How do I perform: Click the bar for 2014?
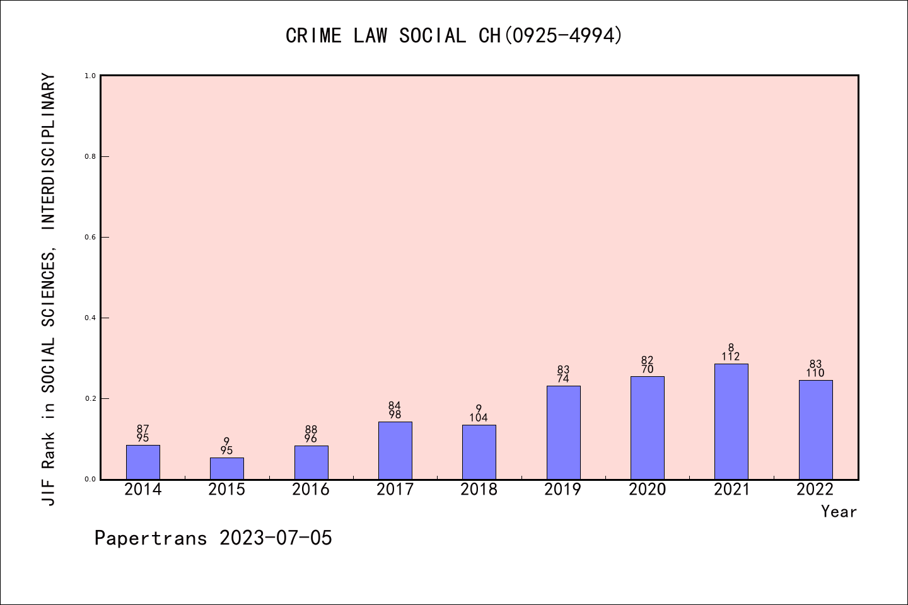click(143, 462)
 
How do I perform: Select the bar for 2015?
click(227, 468)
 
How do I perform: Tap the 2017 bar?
click(395, 450)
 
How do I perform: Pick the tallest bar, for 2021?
click(731, 421)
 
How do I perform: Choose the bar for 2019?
click(563, 432)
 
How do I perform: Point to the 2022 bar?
click(815, 429)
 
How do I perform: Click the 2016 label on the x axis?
click(311, 490)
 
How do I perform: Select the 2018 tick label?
click(479, 490)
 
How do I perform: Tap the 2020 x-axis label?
click(648, 490)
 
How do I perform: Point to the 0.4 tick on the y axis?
click(90, 318)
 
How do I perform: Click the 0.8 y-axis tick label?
click(90, 157)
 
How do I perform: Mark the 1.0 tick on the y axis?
click(90, 76)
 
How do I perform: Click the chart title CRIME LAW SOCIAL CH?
click(454, 35)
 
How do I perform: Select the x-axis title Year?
click(839, 512)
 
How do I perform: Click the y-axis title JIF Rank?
click(49, 290)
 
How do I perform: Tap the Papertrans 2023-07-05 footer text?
click(213, 538)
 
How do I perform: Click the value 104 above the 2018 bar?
click(479, 418)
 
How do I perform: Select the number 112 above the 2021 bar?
click(731, 357)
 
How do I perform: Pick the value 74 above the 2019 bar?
click(563, 379)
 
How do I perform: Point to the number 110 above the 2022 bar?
click(815, 373)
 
